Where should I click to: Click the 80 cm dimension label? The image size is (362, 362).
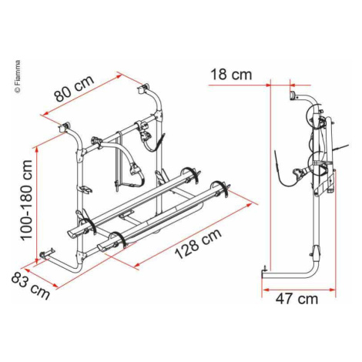[75, 89]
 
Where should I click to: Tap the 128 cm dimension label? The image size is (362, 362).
[198, 244]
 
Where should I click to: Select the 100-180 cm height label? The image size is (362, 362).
[26, 200]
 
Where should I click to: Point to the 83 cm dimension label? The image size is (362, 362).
[30, 287]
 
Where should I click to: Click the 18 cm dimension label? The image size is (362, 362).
[231, 75]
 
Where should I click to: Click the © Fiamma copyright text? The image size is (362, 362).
[18, 76]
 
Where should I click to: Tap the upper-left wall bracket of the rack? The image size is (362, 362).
[65, 127]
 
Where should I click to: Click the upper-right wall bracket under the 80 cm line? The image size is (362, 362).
[143, 89]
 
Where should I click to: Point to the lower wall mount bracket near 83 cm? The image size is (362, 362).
[46, 254]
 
